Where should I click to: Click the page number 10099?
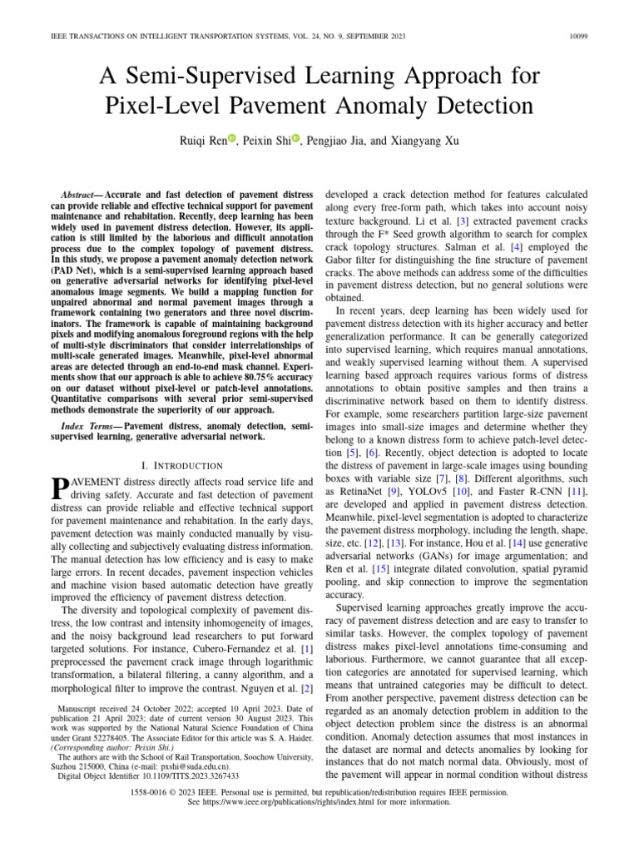coord(602,37)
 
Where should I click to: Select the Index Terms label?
coord(89,426)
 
